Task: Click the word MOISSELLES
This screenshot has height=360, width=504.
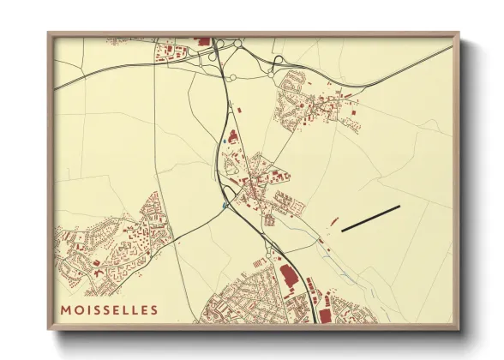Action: tap(109, 309)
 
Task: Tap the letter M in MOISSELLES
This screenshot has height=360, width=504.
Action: tap(66, 309)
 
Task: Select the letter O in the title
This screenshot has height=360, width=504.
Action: tap(79, 309)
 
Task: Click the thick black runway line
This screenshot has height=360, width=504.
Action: tap(370, 219)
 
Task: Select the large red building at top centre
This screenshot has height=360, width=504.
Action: tap(203, 40)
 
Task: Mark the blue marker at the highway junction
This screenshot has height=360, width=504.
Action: tap(225, 206)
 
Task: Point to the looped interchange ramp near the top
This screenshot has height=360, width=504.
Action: tap(278, 60)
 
